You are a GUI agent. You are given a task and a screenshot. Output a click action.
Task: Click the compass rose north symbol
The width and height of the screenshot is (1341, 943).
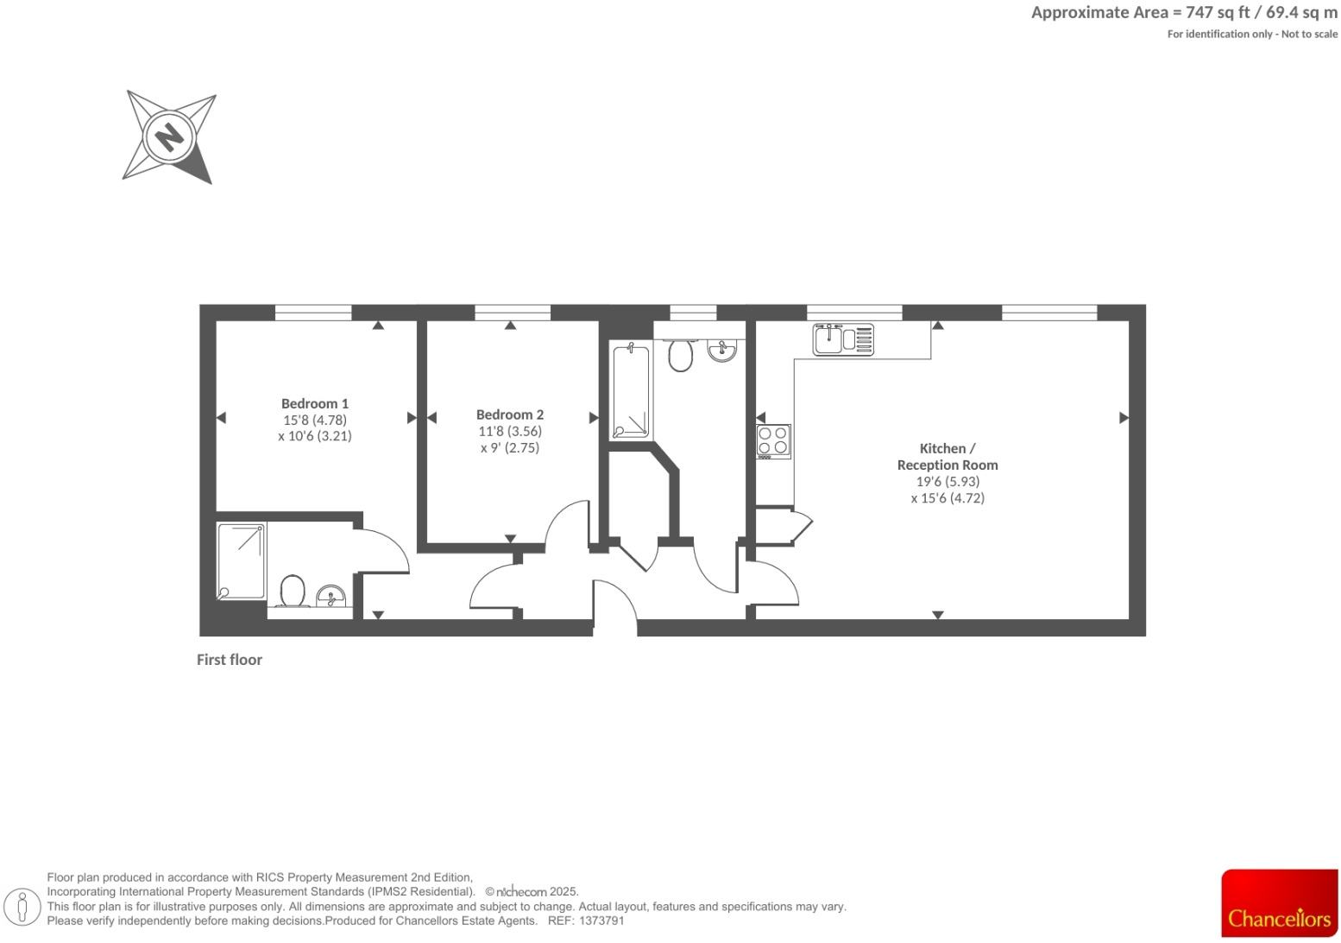[x=169, y=136]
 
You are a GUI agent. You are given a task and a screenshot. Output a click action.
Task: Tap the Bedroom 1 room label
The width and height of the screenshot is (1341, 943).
[x=315, y=403]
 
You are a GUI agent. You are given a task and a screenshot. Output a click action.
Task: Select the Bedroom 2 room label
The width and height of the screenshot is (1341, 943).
[x=510, y=415]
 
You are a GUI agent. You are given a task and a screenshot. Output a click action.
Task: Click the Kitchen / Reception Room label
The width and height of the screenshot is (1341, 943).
[x=947, y=457]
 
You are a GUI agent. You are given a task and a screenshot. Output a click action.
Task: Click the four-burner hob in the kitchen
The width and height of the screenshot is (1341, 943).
[x=772, y=440]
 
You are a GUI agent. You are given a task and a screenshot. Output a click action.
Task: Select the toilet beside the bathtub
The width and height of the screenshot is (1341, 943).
[x=681, y=354]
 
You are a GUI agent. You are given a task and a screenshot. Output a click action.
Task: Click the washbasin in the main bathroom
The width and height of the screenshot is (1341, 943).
[x=721, y=350]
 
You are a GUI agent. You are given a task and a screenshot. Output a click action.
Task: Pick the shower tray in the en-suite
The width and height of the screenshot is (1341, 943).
[x=242, y=560]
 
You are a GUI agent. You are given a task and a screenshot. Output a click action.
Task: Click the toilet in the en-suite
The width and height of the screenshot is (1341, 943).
[x=293, y=592]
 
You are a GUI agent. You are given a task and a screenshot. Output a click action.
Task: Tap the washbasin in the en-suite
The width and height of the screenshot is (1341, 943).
[x=331, y=596]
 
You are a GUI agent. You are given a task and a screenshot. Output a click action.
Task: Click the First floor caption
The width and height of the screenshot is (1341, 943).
[x=230, y=660]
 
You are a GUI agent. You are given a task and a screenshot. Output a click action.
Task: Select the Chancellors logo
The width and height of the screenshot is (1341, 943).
[x=1279, y=903]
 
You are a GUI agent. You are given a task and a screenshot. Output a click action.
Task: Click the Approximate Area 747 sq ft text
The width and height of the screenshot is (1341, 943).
[x=1184, y=13]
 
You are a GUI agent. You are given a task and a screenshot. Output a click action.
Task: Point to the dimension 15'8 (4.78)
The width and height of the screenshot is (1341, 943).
[x=315, y=420]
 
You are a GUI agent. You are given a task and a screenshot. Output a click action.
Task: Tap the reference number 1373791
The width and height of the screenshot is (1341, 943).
[x=601, y=921]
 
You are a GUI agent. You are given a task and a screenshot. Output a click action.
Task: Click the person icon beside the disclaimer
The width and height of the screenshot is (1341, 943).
[x=22, y=907]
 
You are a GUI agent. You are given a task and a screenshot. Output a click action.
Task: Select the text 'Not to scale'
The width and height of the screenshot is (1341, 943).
[x=1309, y=35]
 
